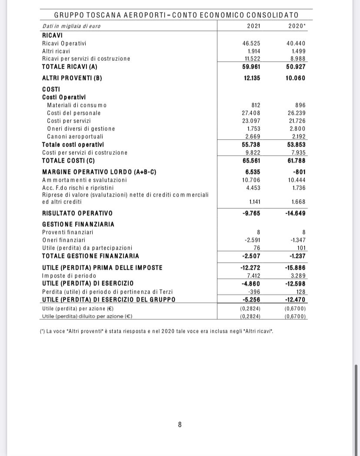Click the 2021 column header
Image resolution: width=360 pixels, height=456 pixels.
[x=253, y=26]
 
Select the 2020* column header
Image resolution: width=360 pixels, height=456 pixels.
[x=297, y=26]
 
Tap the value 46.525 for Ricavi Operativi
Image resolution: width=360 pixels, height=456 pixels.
[x=251, y=44]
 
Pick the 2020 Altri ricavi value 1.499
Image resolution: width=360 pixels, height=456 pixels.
[x=298, y=51]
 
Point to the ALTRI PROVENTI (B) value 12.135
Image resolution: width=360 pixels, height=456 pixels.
[x=251, y=78]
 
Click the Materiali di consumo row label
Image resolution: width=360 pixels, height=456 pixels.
[x=77, y=105]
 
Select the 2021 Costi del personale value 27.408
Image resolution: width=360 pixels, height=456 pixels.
[x=251, y=113]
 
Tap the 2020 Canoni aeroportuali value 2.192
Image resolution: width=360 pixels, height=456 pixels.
[x=298, y=137]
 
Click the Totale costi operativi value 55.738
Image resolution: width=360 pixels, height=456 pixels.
[x=251, y=144]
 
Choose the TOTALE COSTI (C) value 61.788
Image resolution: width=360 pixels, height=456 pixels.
[x=297, y=161]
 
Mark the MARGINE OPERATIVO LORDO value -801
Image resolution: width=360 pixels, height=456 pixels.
[x=299, y=172]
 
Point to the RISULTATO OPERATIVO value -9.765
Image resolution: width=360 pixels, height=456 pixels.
[x=250, y=213]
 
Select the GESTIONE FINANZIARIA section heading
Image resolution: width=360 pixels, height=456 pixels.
[x=78, y=224]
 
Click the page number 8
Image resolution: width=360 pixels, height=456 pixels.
[x=180, y=424]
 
